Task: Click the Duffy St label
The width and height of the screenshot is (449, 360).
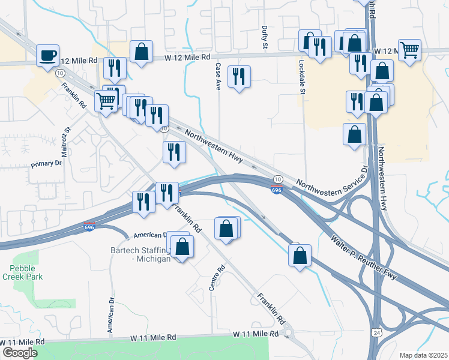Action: coord(265,37)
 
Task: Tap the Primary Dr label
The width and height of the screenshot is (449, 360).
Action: coord(47,163)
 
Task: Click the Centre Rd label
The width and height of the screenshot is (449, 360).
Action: coord(213,280)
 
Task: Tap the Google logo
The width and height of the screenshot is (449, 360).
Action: coord(20,352)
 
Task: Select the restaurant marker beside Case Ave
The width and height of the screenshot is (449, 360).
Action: coord(240,77)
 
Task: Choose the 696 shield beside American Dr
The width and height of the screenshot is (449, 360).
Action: coord(89,227)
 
